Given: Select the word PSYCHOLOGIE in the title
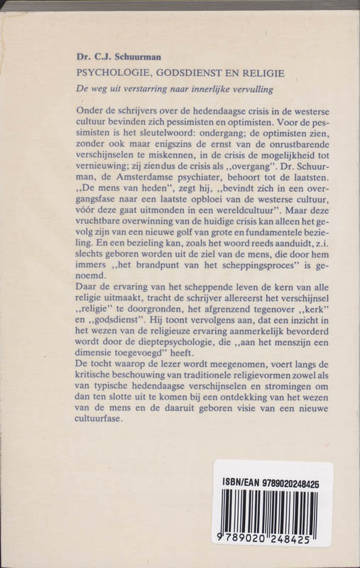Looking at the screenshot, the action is pos(109,73).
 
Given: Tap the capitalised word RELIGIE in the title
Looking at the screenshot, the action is pos(263,73).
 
